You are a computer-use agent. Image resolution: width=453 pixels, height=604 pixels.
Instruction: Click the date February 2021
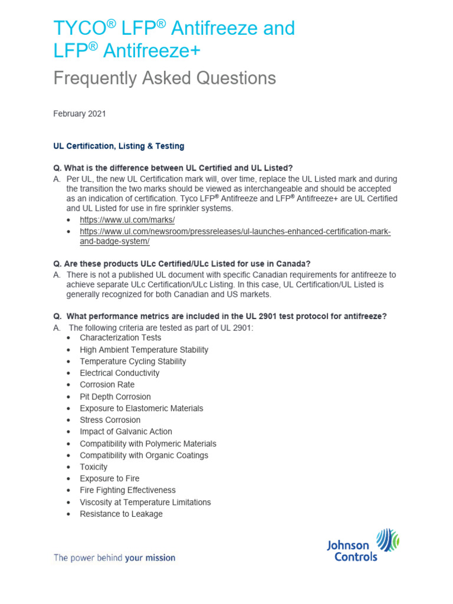point(80,114)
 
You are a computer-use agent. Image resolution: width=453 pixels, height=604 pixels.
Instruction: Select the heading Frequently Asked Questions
point(165,78)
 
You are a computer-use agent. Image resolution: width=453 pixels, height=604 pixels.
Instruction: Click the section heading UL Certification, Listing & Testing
point(119,146)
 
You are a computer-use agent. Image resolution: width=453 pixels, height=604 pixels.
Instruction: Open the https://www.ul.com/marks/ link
point(127,219)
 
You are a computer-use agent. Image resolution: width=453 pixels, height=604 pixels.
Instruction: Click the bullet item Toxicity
point(94,467)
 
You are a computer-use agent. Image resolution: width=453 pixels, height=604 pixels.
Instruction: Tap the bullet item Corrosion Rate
point(107,385)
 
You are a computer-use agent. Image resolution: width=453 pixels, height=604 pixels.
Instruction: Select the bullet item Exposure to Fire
point(110,478)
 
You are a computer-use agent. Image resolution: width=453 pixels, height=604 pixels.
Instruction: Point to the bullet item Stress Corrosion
point(110,420)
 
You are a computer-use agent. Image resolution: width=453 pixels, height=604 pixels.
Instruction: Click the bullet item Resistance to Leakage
point(121,514)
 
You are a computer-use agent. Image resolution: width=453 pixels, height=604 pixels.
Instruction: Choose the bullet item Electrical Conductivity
point(120,373)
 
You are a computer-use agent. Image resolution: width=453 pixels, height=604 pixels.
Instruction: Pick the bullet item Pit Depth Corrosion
point(115,396)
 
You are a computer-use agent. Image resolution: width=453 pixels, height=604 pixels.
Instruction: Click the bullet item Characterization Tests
point(120,338)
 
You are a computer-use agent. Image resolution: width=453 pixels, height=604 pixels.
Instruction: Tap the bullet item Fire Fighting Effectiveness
point(128,490)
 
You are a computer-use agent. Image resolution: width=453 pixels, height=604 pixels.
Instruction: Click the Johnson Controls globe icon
point(387,540)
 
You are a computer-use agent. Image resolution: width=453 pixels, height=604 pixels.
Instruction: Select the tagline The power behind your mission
point(114,557)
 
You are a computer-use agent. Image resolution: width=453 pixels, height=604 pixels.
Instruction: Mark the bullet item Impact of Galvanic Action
point(126,432)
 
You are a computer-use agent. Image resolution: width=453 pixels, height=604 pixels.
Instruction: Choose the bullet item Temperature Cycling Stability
point(133,361)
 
